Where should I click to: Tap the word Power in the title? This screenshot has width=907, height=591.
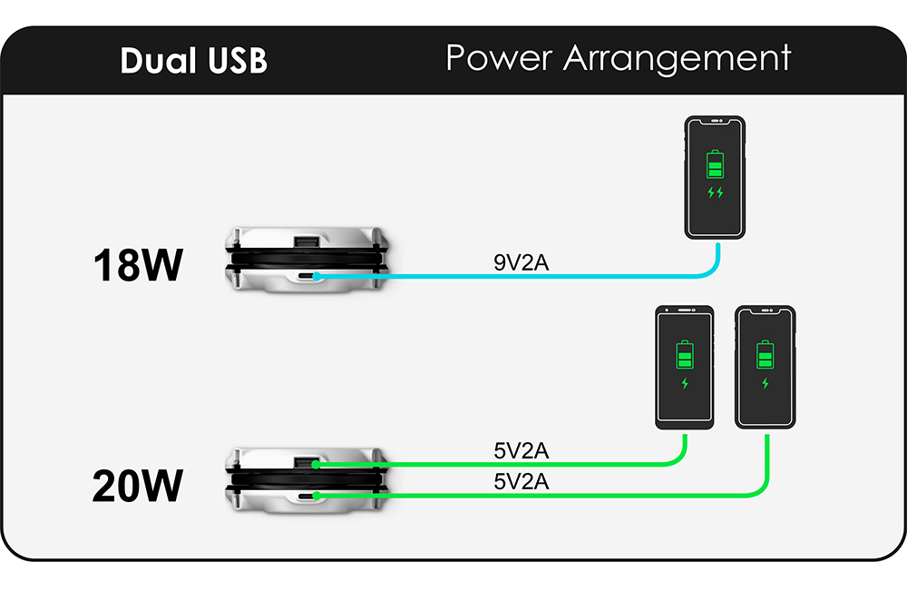click(498, 58)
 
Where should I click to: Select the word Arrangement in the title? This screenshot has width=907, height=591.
click(677, 58)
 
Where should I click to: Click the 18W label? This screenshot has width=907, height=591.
click(138, 266)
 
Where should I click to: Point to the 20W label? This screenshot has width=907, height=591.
click(138, 486)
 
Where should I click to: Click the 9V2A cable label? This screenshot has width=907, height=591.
click(522, 263)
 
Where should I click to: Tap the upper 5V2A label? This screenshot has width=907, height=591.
click(521, 450)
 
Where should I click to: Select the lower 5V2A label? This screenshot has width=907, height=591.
click(521, 482)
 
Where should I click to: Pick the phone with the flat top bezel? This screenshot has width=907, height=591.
click(685, 367)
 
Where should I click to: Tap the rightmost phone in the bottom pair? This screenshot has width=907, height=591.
click(766, 367)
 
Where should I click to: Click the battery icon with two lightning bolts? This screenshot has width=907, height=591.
click(716, 165)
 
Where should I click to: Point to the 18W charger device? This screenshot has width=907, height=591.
click(306, 261)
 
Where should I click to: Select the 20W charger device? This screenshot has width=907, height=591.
click(306, 480)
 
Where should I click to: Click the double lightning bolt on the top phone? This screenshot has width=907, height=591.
click(716, 192)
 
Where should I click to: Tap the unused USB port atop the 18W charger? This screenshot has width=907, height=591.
click(306, 242)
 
